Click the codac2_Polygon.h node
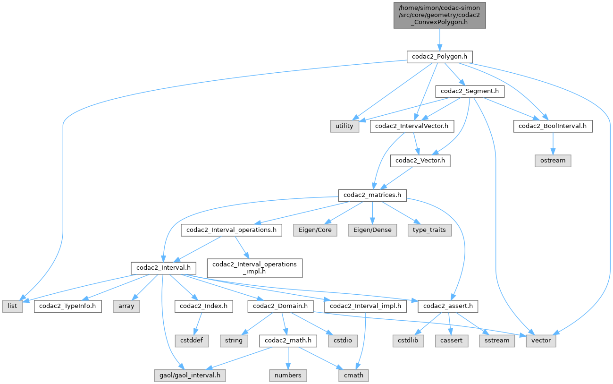point(439,57)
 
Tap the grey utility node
point(344,126)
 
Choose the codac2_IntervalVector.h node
point(412,126)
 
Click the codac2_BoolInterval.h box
point(552,126)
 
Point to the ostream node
point(552,161)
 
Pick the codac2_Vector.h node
point(420,161)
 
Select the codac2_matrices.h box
point(372,195)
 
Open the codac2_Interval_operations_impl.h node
point(254,267)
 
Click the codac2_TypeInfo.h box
point(67,306)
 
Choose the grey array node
point(126,306)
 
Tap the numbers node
point(288,375)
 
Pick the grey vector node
point(541,341)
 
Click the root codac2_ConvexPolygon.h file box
point(439,15)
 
